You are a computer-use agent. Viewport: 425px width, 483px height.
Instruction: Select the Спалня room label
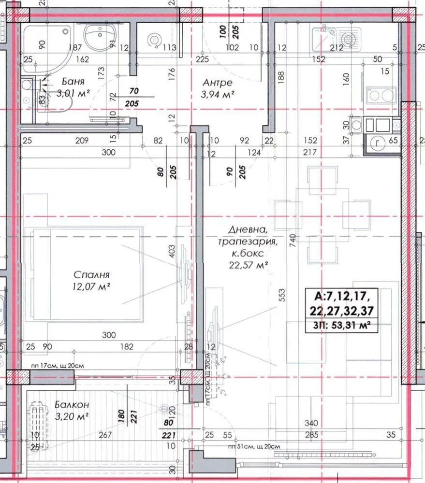(x=91, y=275)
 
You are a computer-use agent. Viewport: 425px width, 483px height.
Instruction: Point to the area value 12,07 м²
(x=91, y=286)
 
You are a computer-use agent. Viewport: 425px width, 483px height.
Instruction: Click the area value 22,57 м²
(x=249, y=264)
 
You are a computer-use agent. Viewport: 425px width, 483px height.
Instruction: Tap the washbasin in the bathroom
(x=100, y=35)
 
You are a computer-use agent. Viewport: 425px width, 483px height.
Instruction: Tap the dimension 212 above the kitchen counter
(x=336, y=48)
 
